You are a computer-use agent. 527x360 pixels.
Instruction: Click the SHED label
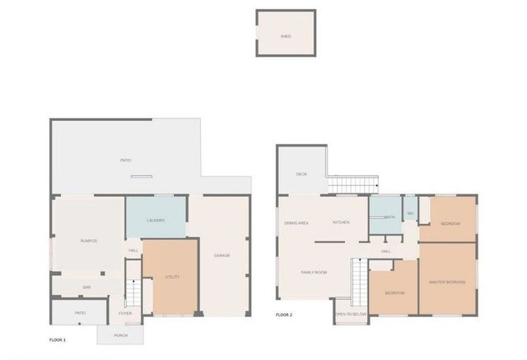286,36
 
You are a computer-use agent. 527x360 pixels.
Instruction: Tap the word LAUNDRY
156,220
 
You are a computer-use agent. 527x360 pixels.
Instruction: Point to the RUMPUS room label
89,241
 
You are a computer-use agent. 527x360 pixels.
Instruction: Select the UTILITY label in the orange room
172,277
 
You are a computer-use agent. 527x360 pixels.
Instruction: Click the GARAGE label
222,255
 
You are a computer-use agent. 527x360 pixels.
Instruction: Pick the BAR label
86,287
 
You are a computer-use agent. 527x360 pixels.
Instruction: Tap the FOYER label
125,313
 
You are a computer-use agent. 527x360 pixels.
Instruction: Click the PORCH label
121,335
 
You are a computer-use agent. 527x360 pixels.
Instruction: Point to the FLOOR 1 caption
58,339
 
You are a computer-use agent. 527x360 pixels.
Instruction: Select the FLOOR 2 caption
284,315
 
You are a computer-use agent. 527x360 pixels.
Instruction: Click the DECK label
301,174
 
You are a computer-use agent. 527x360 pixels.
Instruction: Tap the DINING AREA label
296,223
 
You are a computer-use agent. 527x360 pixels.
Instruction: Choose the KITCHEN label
341,223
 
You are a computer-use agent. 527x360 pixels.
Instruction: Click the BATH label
389,217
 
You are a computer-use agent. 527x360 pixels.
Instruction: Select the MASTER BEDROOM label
447,283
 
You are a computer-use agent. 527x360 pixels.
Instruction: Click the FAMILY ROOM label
315,272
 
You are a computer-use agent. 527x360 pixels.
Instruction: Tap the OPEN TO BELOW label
351,314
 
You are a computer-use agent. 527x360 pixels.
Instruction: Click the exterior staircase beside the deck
353,185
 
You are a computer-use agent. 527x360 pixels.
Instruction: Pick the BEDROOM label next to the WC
450,223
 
